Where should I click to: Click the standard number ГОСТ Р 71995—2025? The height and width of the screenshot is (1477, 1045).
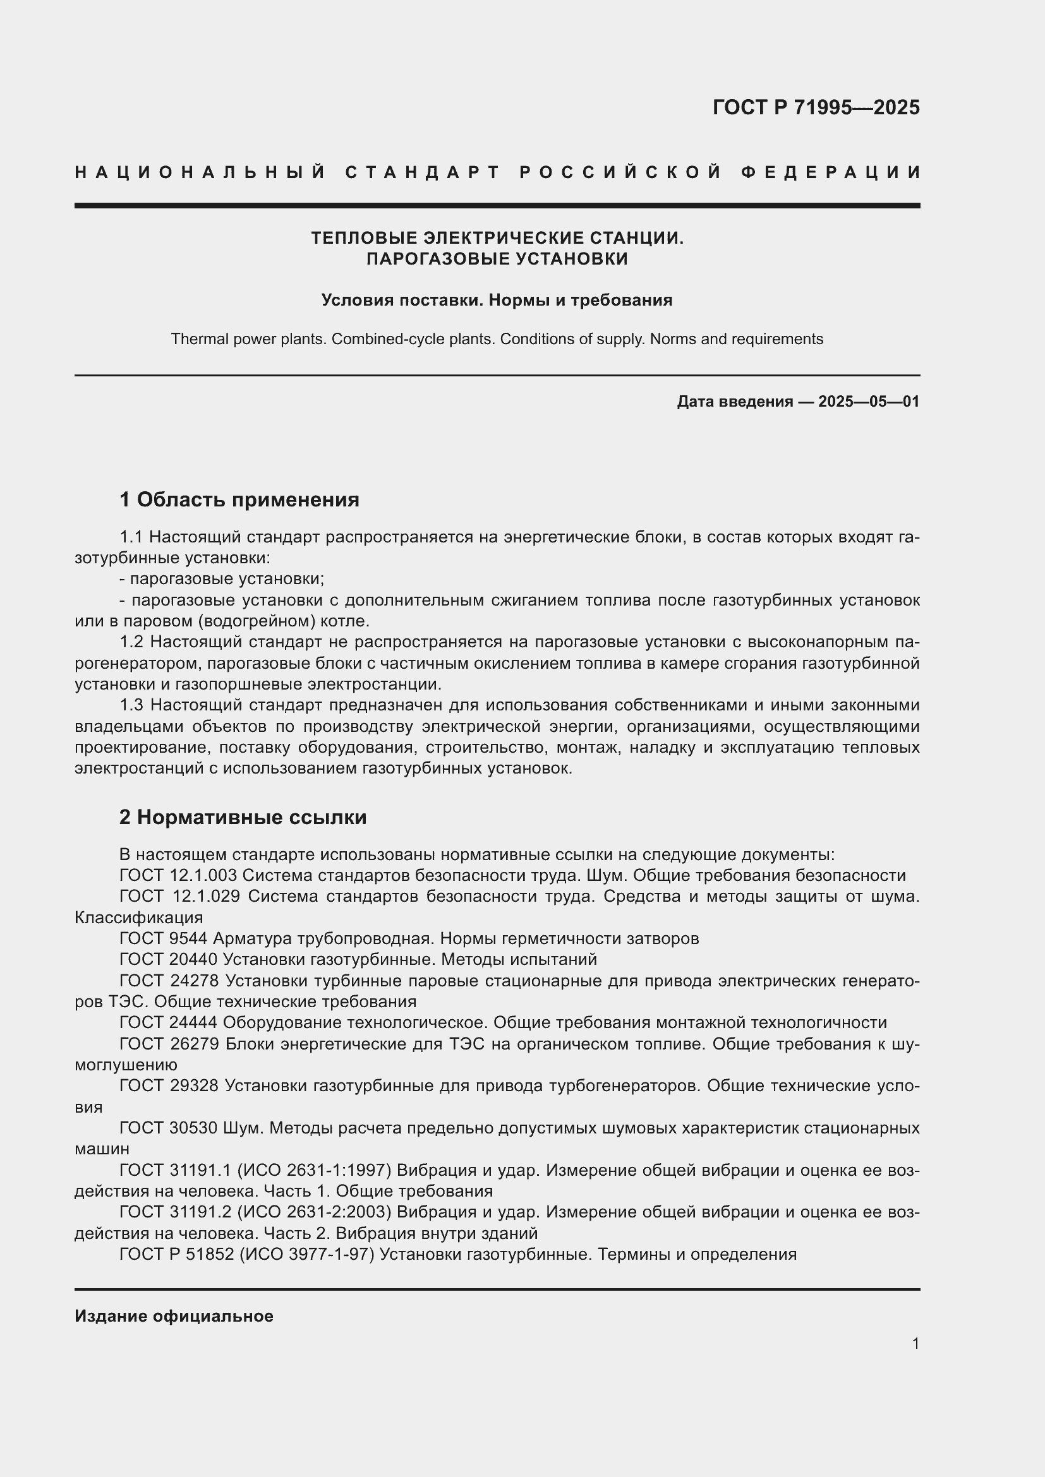[x=815, y=107]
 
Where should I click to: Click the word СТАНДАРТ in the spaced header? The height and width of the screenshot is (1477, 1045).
[x=423, y=172]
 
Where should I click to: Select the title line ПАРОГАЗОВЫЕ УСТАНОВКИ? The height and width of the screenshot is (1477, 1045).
[x=497, y=259]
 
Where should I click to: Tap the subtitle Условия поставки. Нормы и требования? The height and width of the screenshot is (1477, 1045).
[x=497, y=300]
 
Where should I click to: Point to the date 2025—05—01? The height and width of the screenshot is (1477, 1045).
[x=869, y=402]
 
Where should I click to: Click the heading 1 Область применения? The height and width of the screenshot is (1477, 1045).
[x=239, y=500]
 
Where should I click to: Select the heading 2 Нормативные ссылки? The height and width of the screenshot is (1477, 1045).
[x=243, y=817]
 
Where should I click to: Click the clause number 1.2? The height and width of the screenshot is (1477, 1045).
[x=132, y=642]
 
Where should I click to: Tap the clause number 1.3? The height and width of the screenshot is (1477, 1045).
[x=132, y=705]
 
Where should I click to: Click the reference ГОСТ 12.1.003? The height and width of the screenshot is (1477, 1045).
[x=178, y=875]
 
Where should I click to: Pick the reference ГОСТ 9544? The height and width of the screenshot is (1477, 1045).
[x=164, y=938]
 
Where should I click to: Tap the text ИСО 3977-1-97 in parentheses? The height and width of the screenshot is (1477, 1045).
[x=307, y=1255]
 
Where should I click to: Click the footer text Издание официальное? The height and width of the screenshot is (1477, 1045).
[x=174, y=1316]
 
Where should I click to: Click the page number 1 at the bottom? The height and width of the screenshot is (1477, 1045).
[x=915, y=1343]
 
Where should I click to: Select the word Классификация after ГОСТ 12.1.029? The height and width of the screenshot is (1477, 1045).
[x=138, y=918]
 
